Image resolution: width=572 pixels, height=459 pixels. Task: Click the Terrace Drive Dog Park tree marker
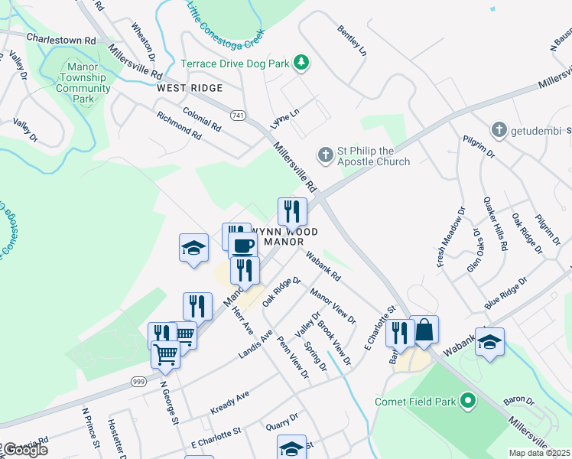point(301,63)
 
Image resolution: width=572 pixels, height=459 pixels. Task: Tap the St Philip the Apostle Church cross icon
point(325,155)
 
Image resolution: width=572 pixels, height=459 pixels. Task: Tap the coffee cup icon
point(243,245)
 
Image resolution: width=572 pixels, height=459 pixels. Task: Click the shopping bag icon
point(424,330)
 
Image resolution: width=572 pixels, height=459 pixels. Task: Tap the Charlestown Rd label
point(60,37)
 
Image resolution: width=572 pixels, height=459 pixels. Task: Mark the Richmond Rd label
point(178,125)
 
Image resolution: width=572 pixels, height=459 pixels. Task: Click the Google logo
point(24,450)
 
